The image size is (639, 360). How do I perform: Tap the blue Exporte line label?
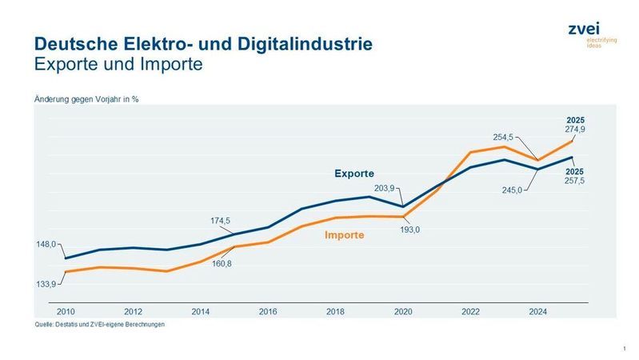point(353,174)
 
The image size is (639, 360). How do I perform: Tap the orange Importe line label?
point(344,235)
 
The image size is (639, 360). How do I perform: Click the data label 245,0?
point(513,190)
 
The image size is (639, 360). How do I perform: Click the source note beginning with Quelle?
point(99,325)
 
